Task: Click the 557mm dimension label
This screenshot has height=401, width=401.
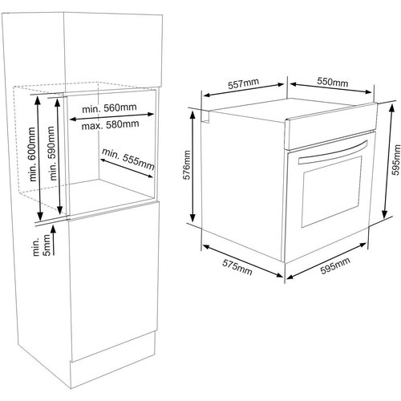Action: coord(243,83)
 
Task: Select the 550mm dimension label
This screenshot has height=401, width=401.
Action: coord(333,82)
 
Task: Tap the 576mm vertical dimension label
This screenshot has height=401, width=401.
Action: coord(187,164)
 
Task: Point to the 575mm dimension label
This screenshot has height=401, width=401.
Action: coord(237,267)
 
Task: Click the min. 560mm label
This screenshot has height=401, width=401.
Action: coord(109,108)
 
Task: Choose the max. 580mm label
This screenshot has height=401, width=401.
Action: coord(110,125)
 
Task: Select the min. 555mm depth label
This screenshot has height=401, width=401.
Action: coord(128,159)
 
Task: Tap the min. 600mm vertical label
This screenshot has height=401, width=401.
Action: coord(32,154)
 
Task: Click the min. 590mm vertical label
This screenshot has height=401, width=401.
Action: coord(51,153)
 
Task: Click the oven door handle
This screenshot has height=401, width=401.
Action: coord(333,152)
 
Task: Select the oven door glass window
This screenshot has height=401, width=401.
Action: coord(332,192)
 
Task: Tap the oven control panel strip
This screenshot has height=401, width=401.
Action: coord(331,126)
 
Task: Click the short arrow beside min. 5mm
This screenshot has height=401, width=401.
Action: coord(54,240)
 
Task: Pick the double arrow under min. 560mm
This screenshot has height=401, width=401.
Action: coord(111,116)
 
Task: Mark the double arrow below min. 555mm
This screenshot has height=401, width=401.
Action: coord(127,168)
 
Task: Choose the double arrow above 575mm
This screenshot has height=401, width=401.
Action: coord(243,261)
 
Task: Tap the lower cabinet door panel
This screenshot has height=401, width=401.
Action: coord(114,281)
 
